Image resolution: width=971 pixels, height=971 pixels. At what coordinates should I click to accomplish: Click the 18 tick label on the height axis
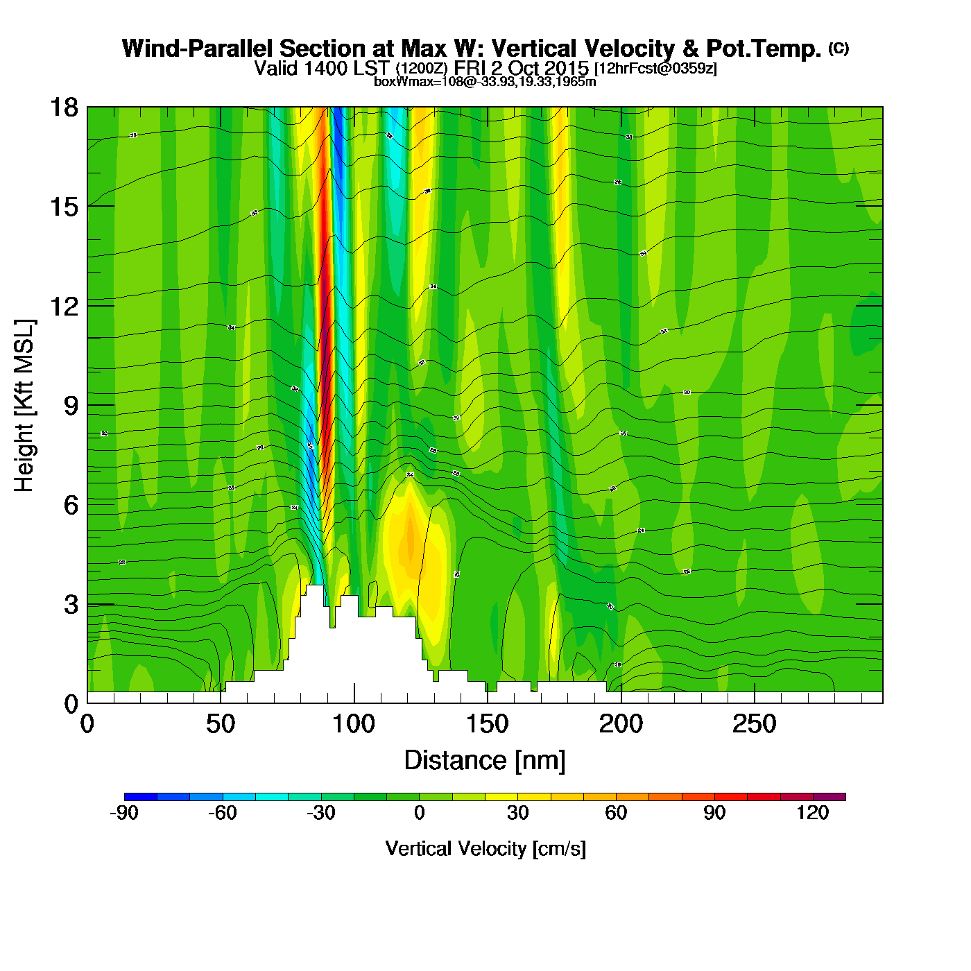pos(63,108)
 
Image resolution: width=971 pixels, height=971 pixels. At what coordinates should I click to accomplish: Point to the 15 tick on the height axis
pos(63,207)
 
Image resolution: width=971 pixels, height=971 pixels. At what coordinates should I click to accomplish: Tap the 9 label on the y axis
pos(71,406)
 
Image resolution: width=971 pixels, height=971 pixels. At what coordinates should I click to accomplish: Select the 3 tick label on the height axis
pos(71,605)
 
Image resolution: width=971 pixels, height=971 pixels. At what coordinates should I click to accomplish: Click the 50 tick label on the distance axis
pos(221,724)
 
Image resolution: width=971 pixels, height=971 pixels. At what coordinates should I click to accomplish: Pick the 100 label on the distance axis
pos(354,724)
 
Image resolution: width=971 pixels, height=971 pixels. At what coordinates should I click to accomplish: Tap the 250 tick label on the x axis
pos(754,724)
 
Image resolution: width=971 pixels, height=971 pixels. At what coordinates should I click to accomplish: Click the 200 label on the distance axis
pos(621,724)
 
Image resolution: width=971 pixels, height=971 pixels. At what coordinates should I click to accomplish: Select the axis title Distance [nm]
pos(485,761)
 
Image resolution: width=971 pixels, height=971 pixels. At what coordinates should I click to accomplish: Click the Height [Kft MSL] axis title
pos(24,406)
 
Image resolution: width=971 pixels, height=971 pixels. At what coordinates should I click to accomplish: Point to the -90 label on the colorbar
pos(124,813)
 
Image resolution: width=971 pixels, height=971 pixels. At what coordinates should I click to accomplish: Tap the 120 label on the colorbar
pos(813,813)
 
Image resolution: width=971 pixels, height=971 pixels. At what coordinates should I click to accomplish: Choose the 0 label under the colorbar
pos(419,813)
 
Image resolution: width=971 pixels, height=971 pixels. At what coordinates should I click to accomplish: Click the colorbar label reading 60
pos(616,813)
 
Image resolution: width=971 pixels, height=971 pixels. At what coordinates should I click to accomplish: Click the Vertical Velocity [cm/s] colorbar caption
pos(485,849)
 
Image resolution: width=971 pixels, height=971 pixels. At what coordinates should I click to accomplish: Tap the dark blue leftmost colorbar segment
pos(140,797)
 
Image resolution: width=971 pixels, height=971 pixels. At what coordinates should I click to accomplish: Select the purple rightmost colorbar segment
pos(830,797)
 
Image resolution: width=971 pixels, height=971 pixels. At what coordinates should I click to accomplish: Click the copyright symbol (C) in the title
pos(839,48)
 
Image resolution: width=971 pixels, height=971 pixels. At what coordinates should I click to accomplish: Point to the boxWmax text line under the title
pos(485,81)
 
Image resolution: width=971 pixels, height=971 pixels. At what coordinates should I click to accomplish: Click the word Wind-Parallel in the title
pos(198,49)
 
